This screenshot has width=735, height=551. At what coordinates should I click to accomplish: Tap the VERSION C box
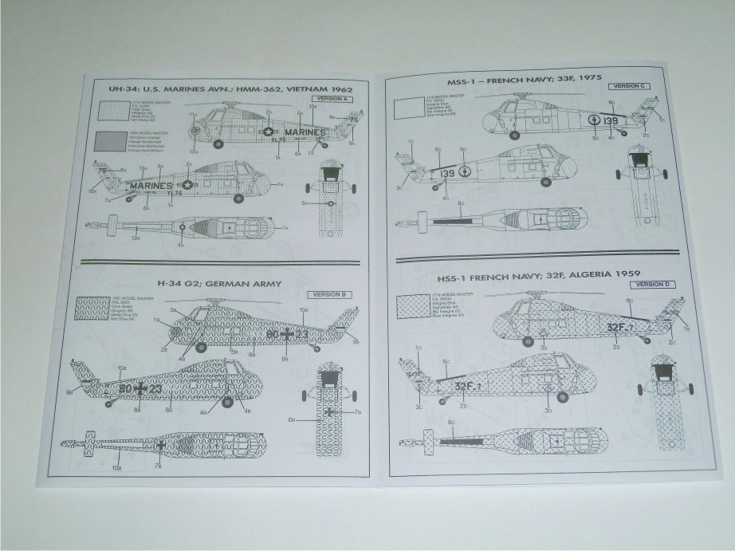(632, 85)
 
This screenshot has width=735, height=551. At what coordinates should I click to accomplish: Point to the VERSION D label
(655, 283)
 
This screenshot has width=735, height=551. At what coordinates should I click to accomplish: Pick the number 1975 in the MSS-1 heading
(588, 78)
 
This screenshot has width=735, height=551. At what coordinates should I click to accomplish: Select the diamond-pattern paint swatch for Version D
(416, 307)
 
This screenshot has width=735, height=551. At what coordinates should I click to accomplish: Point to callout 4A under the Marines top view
(181, 245)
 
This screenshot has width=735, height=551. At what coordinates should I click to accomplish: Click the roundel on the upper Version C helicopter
(594, 121)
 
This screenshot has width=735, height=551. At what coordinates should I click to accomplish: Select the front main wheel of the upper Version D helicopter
(526, 342)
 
